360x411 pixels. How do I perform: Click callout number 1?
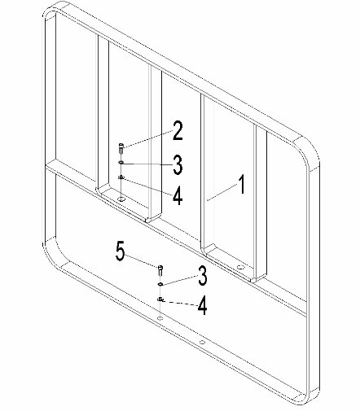click(x=241, y=185)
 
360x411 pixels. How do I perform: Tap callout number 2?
click(x=178, y=131)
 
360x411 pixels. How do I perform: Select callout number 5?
click(x=121, y=251)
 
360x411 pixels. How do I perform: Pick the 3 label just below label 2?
click(x=178, y=164)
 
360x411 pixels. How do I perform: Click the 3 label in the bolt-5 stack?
click(x=203, y=276)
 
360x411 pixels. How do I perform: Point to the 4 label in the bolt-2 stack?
click(x=178, y=196)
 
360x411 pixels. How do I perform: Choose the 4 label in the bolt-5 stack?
click(x=203, y=306)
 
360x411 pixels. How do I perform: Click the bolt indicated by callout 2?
click(x=121, y=149)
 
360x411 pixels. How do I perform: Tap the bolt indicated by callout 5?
click(x=160, y=270)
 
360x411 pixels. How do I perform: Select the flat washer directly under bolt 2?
click(x=121, y=163)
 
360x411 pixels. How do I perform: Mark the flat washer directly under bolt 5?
click(x=160, y=284)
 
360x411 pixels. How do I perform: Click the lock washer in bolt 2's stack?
click(x=121, y=177)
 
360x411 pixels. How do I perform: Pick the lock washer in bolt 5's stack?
click(x=160, y=299)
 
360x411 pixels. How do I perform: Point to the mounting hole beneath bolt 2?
click(x=121, y=199)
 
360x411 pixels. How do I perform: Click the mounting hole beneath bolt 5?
click(x=160, y=317)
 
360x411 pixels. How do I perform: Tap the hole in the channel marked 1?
click(x=239, y=267)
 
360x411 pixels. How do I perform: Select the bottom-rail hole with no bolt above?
click(x=202, y=342)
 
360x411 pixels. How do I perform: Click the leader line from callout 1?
click(x=222, y=192)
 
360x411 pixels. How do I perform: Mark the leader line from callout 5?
click(x=142, y=261)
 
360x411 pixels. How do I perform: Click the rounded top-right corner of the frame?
click(x=311, y=152)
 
